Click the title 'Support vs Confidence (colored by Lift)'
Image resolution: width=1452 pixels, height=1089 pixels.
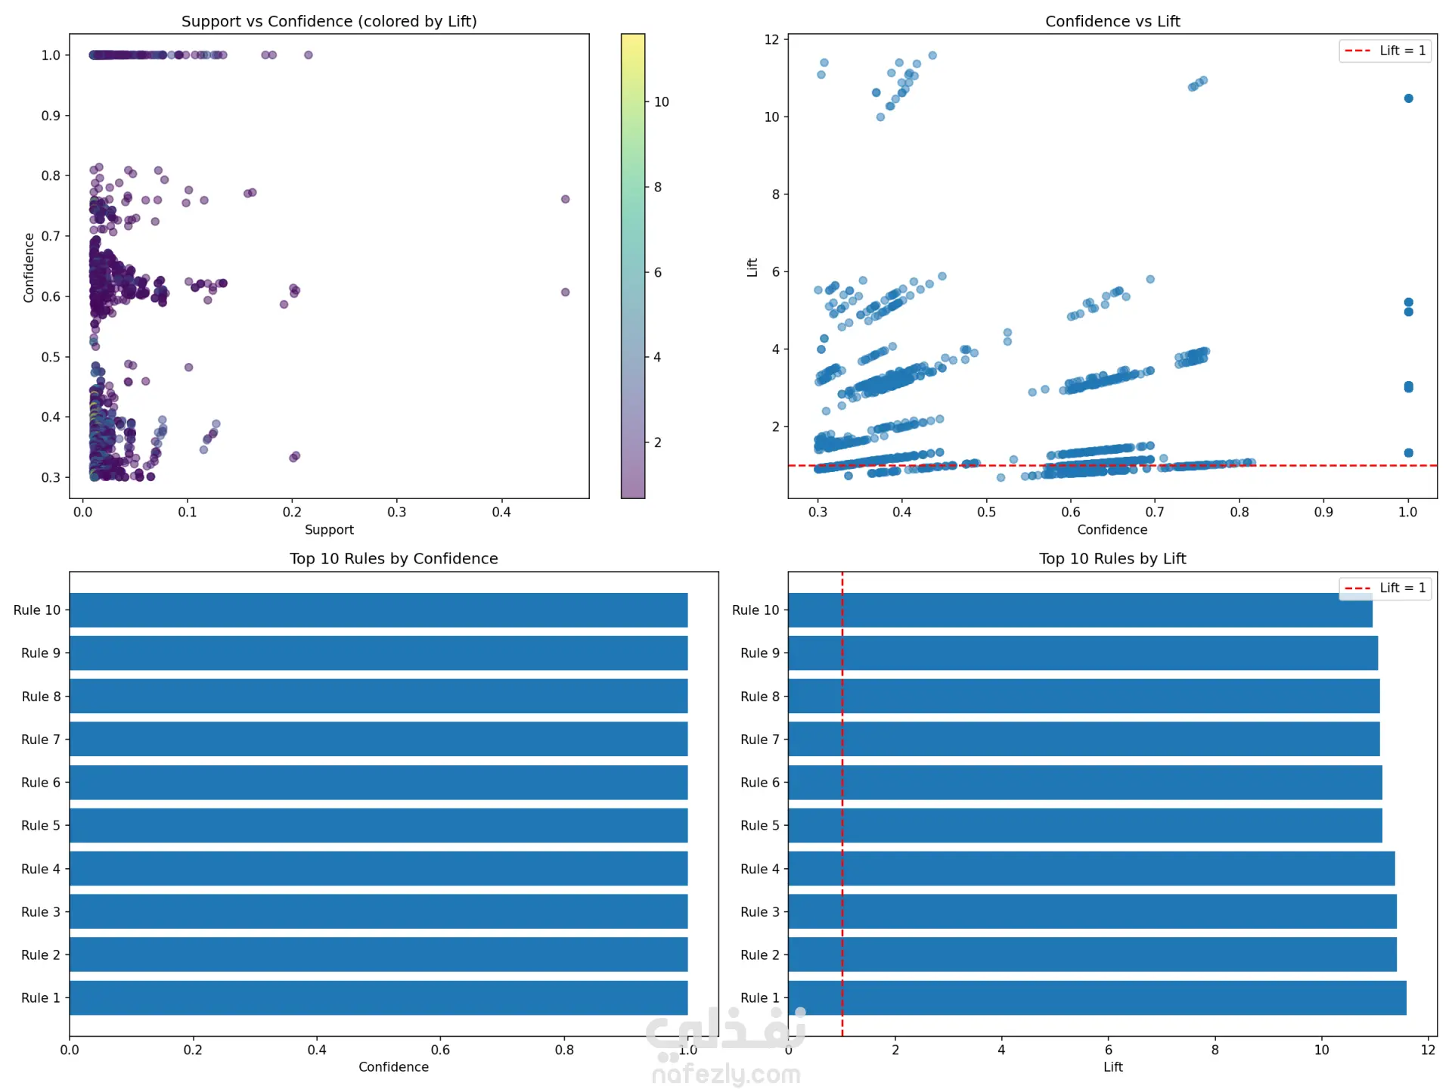pos(329,21)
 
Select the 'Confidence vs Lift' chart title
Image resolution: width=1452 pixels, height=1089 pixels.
pos(1112,21)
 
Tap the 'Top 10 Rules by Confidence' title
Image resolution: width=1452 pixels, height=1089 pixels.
pos(393,558)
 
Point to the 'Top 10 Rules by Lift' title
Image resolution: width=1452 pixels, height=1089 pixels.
pos(1112,558)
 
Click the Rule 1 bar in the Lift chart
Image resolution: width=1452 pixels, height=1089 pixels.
pos(1097,997)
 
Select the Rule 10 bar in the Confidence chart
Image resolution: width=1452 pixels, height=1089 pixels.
pos(378,610)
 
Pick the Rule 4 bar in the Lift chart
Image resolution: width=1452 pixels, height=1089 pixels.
pos(1091,868)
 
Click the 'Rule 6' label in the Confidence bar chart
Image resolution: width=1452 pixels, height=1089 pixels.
pos(41,783)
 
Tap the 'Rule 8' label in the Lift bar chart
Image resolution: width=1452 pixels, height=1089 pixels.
pos(759,697)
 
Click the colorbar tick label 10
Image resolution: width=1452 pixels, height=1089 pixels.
pos(662,102)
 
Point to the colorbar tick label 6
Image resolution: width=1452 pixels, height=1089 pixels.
pos(658,272)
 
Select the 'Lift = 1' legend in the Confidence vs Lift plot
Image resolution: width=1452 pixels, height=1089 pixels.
pos(1385,51)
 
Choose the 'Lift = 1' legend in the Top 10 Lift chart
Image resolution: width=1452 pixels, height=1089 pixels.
pos(1385,588)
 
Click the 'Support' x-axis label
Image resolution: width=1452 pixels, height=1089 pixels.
pos(329,529)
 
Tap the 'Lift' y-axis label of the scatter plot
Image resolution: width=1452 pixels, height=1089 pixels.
pos(752,267)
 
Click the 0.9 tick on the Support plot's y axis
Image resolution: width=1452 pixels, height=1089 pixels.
pos(51,116)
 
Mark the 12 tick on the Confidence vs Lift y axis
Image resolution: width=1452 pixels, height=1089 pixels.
pos(771,39)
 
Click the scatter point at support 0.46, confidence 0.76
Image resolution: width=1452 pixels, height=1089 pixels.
pos(565,199)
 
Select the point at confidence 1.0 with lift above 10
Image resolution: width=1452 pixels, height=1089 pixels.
pos(1408,98)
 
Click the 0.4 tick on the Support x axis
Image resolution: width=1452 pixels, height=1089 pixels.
pos(501,512)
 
